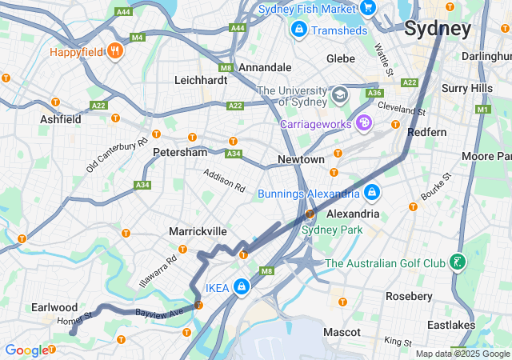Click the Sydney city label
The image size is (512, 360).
(438, 30)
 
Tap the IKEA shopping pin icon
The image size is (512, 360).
(242, 287)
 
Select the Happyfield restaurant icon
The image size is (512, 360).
(116, 50)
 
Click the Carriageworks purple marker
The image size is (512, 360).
(364, 123)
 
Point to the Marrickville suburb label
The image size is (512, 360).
(198, 231)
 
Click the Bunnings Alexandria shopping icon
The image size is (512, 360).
(372, 193)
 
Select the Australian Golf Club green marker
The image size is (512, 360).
(457, 262)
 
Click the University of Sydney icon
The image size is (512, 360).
(340, 94)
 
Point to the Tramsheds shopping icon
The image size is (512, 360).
(298, 29)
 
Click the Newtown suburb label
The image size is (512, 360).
(301, 160)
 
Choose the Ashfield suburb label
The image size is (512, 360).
(61, 119)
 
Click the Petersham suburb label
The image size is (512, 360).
(180, 151)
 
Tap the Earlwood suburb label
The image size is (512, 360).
(54, 307)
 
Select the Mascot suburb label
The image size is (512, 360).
(342, 331)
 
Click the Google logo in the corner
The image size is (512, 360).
(26, 350)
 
